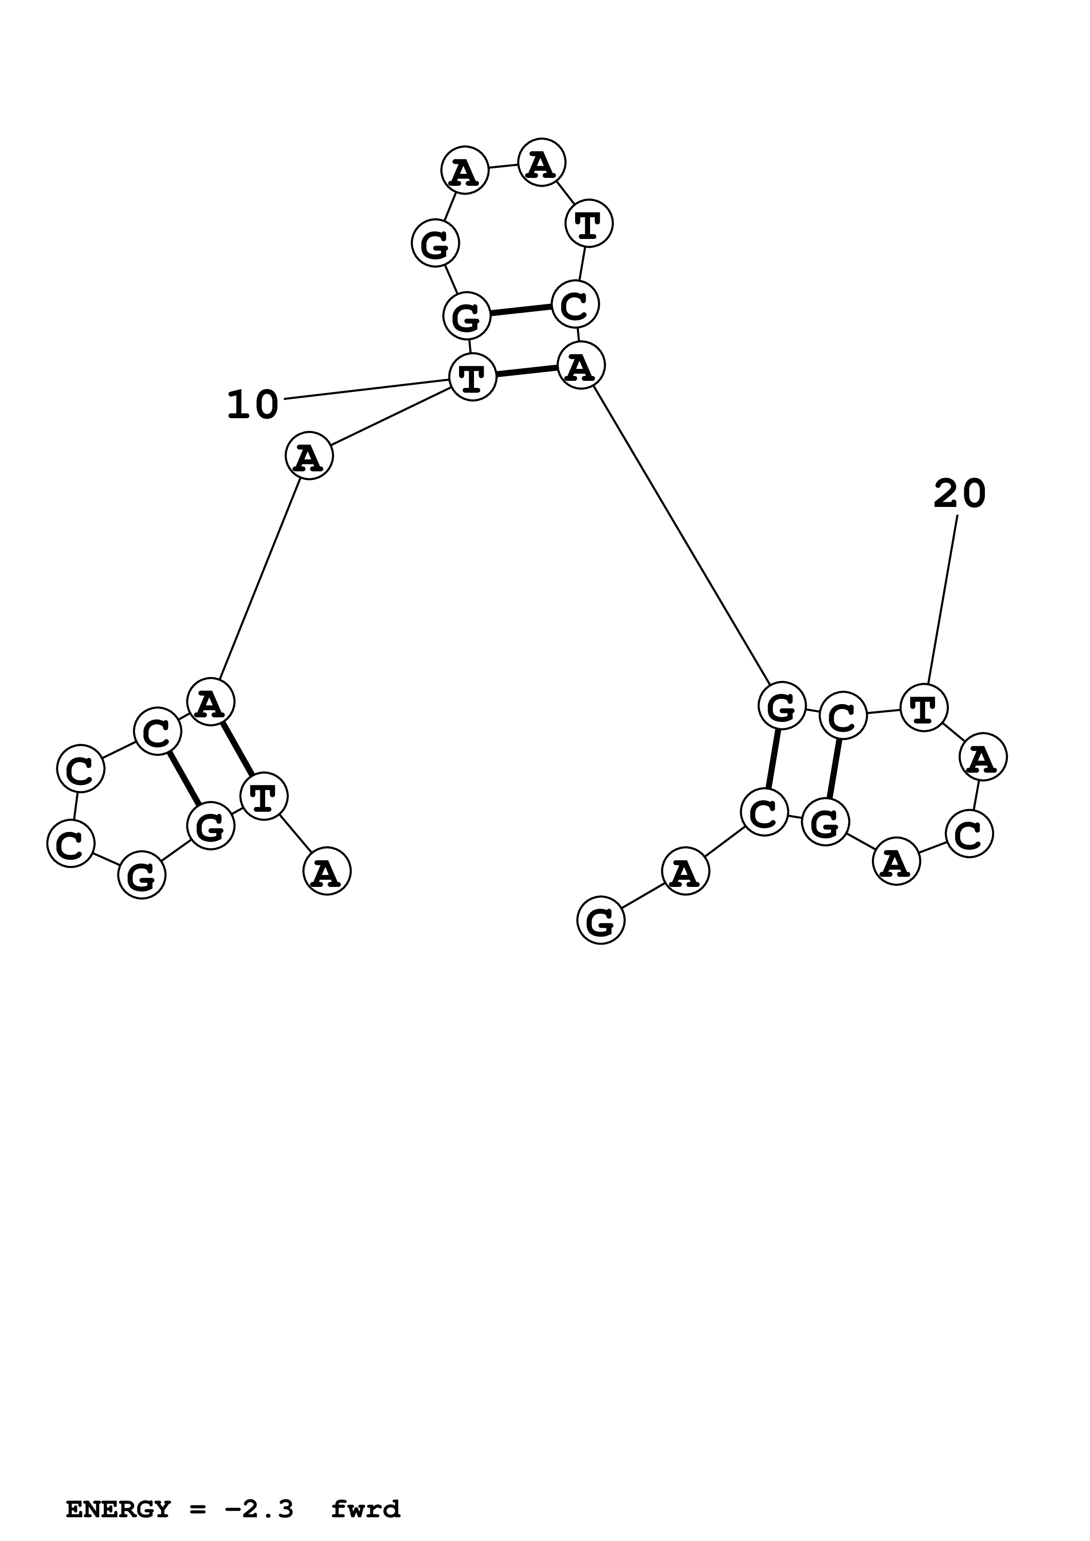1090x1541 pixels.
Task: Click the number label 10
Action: click(252, 405)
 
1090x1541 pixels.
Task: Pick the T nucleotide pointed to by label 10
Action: click(472, 377)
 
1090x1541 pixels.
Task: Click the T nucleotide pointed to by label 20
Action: click(923, 707)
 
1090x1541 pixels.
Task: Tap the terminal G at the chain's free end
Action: click(601, 920)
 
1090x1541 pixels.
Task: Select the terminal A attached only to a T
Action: click(327, 871)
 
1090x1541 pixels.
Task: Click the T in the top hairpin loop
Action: click(588, 224)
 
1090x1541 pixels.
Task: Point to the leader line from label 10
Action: click(366, 389)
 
